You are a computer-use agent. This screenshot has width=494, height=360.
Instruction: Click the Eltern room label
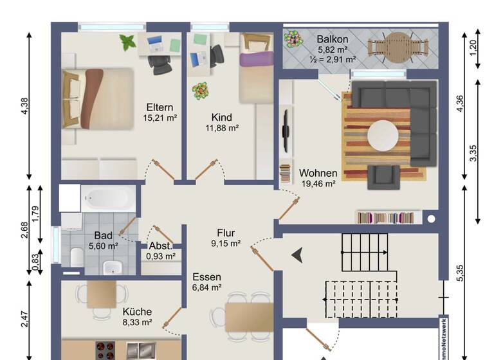click(160, 107)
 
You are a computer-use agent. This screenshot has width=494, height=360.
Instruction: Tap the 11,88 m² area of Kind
click(221, 128)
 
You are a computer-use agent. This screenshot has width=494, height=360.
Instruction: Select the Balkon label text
click(332, 39)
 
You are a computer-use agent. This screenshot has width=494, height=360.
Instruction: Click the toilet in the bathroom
click(75, 257)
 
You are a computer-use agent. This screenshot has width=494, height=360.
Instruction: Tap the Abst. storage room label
click(160, 246)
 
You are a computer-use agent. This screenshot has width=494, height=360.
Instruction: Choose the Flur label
click(225, 233)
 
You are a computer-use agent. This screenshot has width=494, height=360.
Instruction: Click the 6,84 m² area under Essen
click(206, 288)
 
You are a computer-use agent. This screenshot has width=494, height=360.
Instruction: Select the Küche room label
click(137, 312)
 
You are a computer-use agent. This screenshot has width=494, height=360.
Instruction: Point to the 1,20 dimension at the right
click(474, 48)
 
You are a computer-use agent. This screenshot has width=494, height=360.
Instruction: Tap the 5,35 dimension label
click(460, 273)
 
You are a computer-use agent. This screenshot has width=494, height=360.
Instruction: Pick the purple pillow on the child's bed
click(255, 60)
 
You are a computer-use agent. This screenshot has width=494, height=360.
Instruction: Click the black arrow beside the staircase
click(297, 256)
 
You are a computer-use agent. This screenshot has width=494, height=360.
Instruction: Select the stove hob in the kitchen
click(105, 350)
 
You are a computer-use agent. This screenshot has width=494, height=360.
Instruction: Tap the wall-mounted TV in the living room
click(285, 131)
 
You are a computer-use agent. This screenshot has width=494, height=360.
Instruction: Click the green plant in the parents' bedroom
click(127, 42)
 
